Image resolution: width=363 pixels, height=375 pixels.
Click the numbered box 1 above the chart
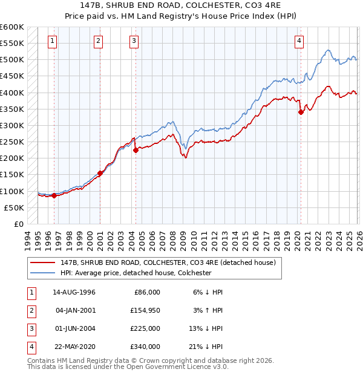pyautogui.click(x=53, y=41)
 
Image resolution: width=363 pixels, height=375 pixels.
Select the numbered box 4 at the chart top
pyautogui.click(x=299, y=41)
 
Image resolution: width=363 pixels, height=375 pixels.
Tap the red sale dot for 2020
pyautogui.click(x=301, y=112)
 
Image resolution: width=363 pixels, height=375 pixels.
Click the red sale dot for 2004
pyautogui.click(x=136, y=150)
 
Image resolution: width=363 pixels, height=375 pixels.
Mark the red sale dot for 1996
pyautogui.click(x=54, y=195)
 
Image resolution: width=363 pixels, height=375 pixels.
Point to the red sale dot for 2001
pyautogui.click(x=100, y=173)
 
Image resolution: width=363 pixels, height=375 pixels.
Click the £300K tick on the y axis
pyautogui.click(x=12, y=125)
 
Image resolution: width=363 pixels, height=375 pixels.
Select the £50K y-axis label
pyautogui.click(x=14, y=207)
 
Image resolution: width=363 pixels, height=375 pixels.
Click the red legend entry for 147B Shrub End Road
pyautogui.click(x=168, y=262)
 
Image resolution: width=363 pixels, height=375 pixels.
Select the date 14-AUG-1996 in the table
pyautogui.click(x=74, y=292)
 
